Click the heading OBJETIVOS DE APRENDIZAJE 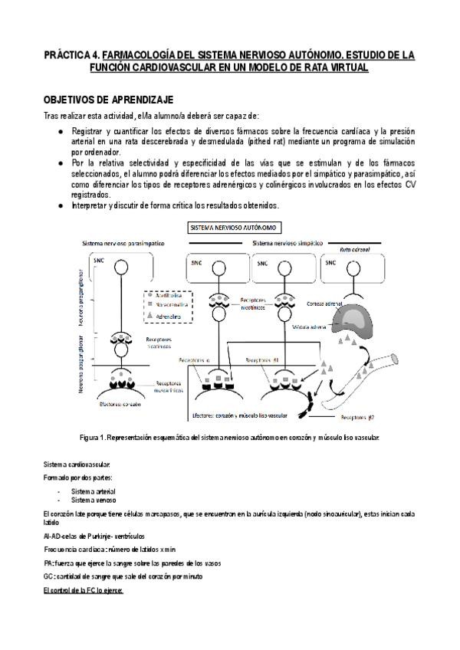point(103,100)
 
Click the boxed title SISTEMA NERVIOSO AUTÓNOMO point(235,228)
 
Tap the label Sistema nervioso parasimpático point(126,243)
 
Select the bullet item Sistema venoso point(91,499)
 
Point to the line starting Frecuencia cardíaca point(110,550)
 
